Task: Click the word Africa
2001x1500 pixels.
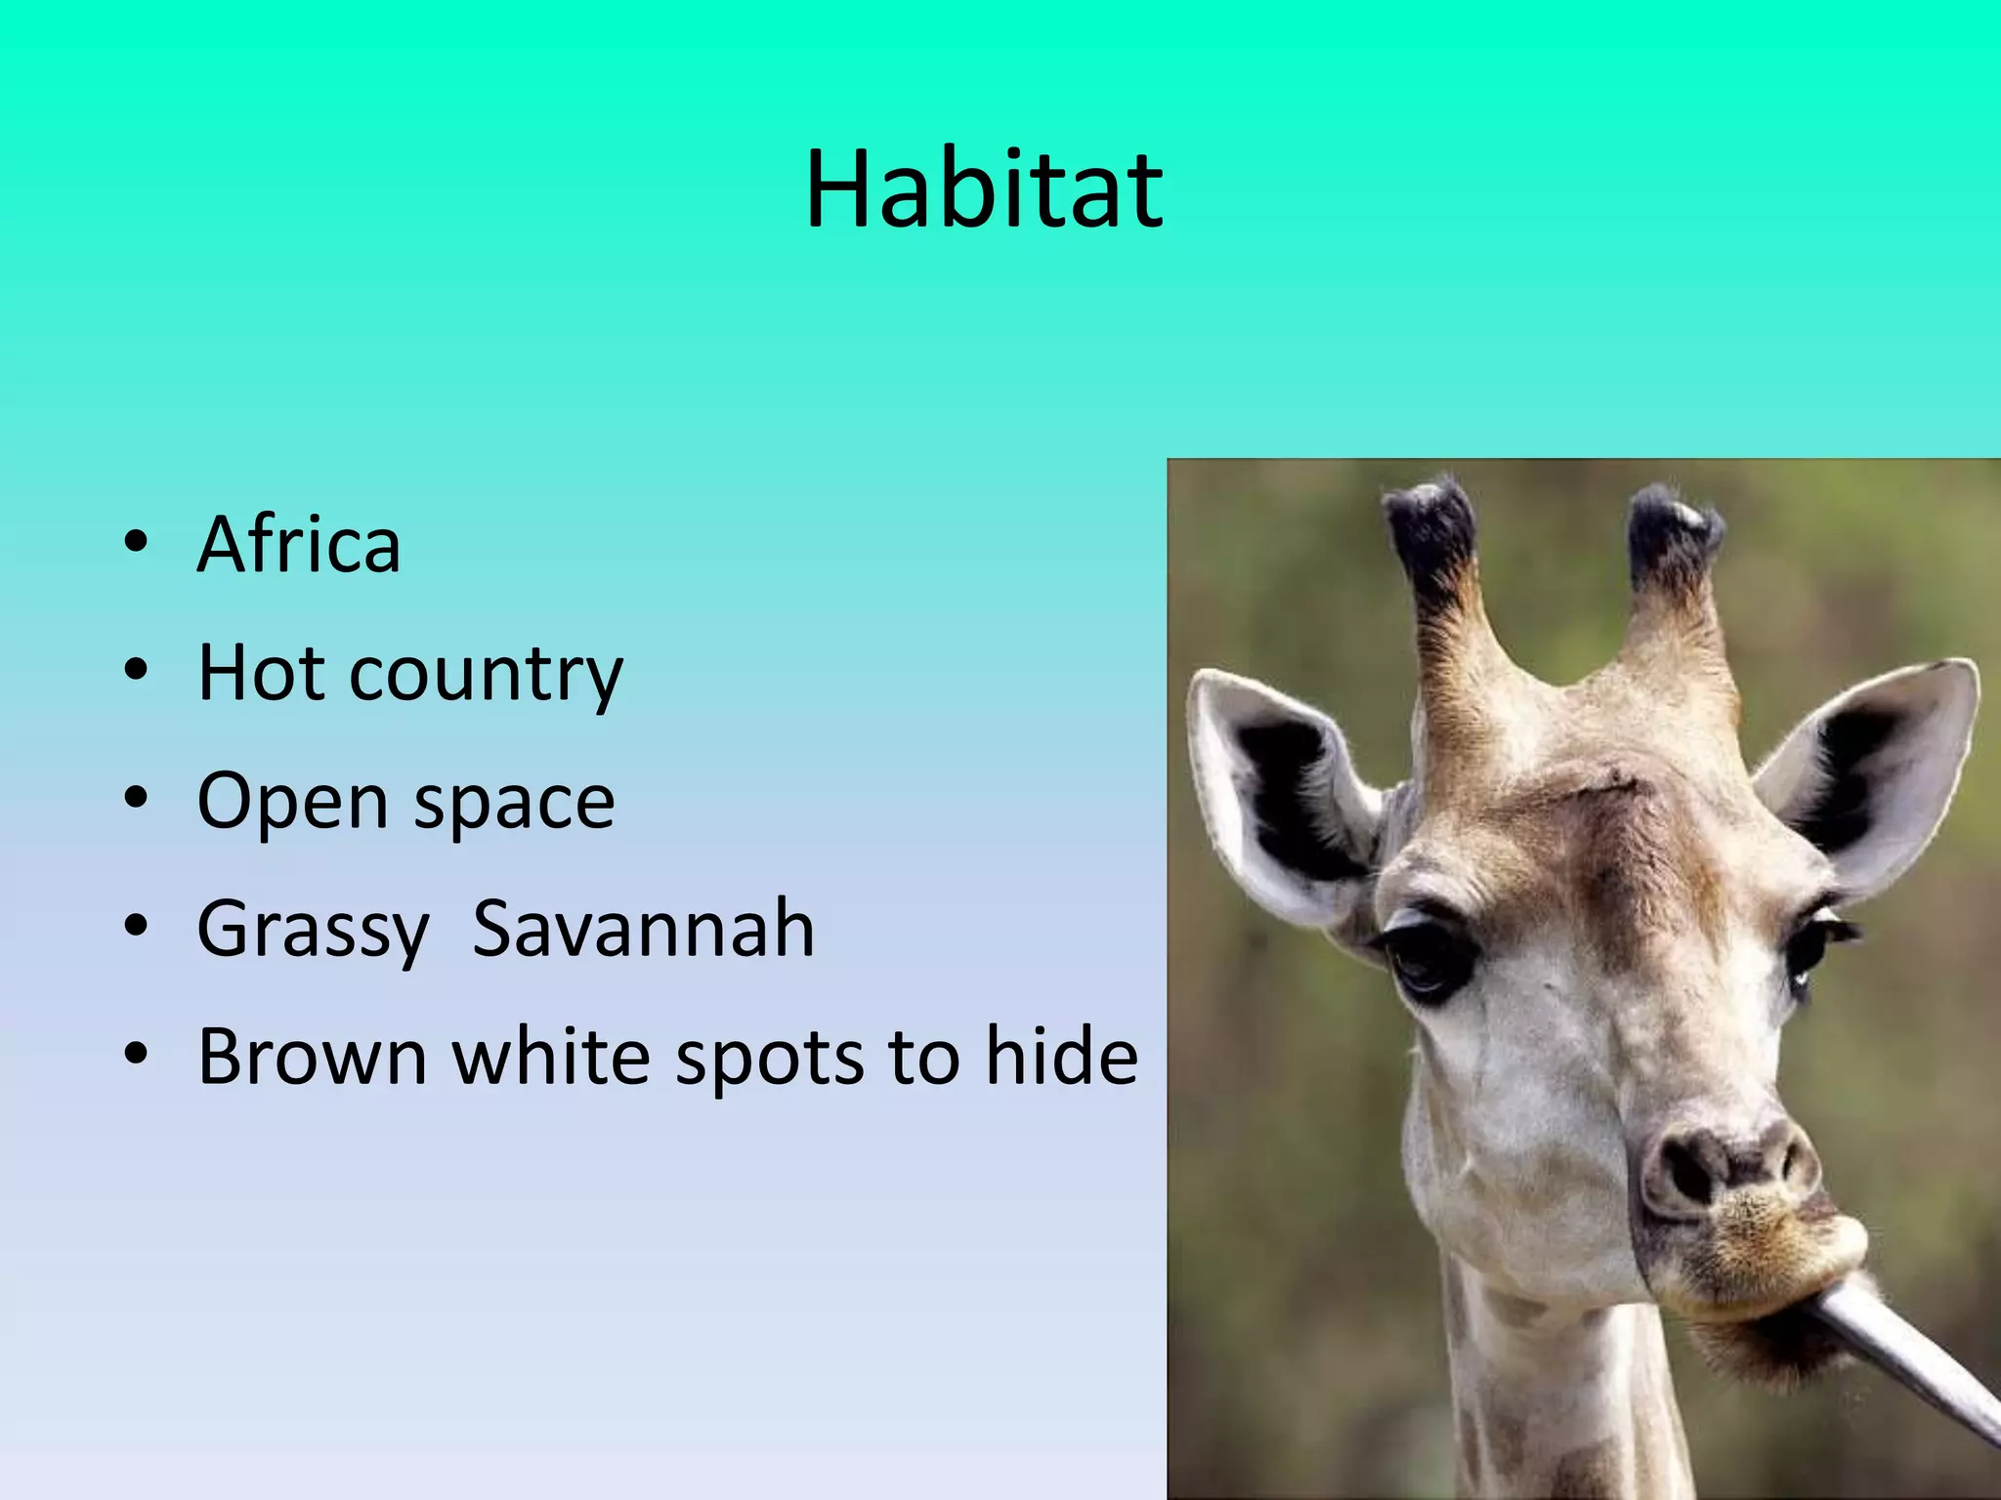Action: [299, 544]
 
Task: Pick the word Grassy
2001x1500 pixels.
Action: [313, 931]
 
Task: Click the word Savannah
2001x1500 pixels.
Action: [643, 929]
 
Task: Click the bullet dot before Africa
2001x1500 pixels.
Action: [137, 543]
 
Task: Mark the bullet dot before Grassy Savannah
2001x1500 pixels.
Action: [137, 925]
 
